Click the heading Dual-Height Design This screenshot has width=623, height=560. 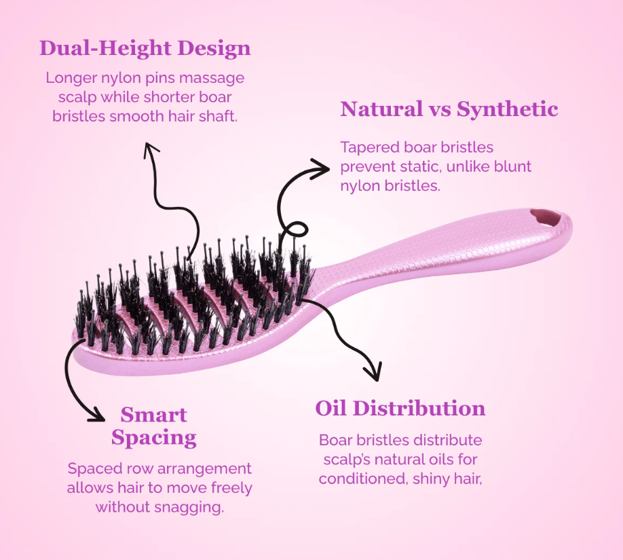tap(145, 48)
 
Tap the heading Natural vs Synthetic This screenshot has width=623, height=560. tap(449, 109)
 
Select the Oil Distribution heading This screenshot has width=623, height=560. tap(400, 408)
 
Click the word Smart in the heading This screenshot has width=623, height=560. tap(154, 415)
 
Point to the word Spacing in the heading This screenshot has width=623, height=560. tap(154, 438)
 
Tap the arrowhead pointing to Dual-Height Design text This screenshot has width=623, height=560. tap(150, 149)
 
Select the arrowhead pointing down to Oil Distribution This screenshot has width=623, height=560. tap(373, 372)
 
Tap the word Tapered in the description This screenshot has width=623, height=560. tap(369, 147)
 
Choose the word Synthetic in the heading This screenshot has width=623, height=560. tap(508, 109)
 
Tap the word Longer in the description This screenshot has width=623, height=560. tap(71, 78)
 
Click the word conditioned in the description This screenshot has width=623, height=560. tap(364, 479)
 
